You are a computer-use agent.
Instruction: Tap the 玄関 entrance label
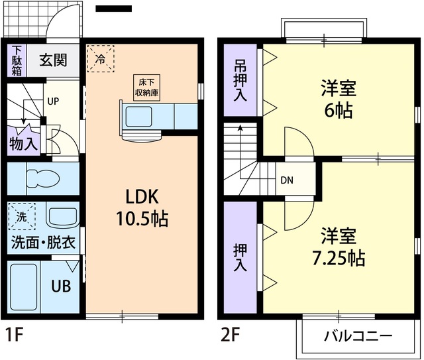[x=53, y=60]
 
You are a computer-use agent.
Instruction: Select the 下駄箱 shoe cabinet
[x=17, y=60]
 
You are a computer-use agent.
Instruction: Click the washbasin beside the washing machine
[x=62, y=217]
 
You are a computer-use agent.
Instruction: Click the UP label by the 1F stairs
[x=52, y=102]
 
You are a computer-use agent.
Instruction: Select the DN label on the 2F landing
[x=286, y=180]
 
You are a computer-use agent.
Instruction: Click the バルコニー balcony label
[x=357, y=335]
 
